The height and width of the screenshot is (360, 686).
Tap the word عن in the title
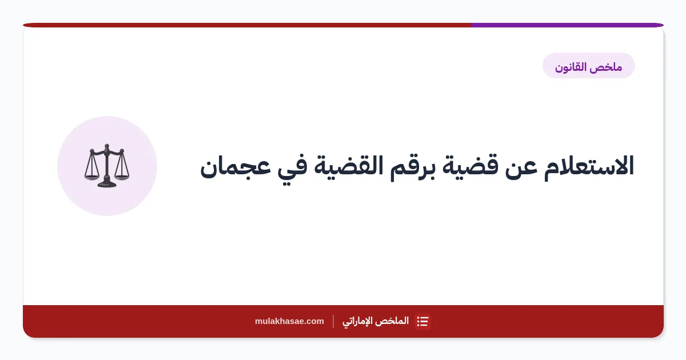521,168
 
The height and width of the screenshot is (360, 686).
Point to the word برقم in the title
413,169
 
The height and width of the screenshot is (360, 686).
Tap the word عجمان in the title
236,168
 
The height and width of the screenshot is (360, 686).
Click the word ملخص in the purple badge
607,67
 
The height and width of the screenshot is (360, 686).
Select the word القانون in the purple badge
571,67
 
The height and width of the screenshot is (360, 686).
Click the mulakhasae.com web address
289,321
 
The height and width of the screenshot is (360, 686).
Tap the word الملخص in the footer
395,321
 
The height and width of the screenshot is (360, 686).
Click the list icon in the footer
422,321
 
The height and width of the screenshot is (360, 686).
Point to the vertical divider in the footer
333,321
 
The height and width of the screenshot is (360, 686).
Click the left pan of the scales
91,177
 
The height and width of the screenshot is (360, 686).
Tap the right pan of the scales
122,177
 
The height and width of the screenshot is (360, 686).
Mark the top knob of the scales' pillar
106,146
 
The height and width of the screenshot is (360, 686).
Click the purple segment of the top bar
567,25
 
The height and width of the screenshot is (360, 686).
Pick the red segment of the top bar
247,25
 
